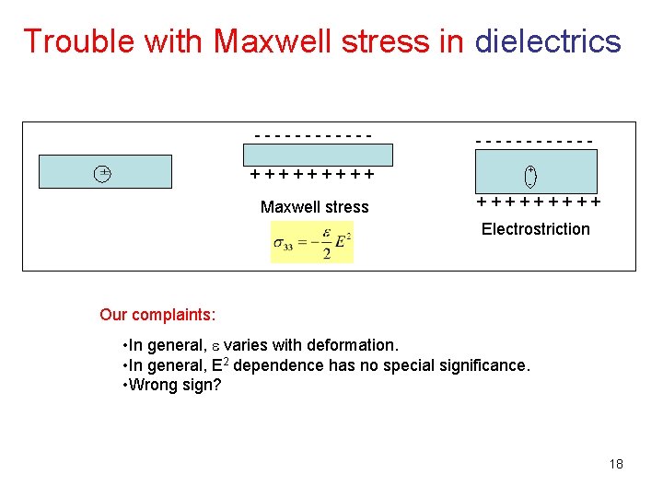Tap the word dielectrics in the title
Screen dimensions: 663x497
[547, 41]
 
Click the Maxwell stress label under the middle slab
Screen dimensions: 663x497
[314, 207]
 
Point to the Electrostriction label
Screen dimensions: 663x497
[535, 229]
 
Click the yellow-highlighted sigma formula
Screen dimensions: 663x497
[311, 244]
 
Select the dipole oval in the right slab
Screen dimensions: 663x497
[530, 174]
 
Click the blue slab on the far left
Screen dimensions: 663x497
[105, 171]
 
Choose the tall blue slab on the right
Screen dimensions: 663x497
[536, 171]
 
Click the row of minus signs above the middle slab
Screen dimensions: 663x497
[313, 137]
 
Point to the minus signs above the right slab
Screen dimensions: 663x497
[534, 141]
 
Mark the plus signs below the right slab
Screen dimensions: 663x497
[539, 202]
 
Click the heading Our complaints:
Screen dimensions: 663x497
[157, 315]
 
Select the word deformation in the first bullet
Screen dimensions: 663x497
[355, 345]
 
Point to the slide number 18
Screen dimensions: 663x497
[616, 464]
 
